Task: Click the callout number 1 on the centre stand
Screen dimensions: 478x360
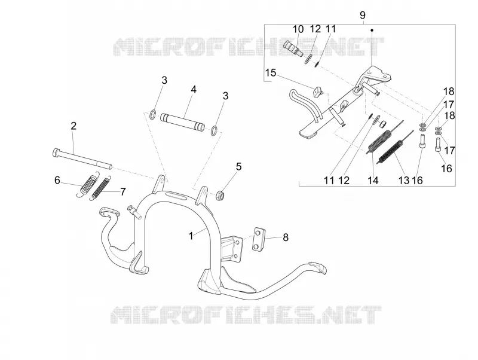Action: tap(191, 236)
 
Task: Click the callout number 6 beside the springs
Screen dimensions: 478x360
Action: tap(57, 181)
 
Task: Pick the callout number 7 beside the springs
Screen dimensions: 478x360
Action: tap(123, 192)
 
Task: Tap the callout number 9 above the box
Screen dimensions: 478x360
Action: tap(363, 15)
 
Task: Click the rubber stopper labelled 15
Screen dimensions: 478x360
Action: tap(318, 91)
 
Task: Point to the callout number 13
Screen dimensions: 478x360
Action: tap(404, 181)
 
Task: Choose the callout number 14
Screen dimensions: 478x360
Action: tap(373, 181)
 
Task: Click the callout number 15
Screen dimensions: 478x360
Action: tap(271, 73)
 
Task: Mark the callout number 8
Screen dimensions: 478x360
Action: tap(286, 237)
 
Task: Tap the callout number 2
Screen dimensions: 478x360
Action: tap(73, 126)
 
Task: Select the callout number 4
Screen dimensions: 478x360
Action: tap(194, 89)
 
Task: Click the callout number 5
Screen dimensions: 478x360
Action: tap(238, 167)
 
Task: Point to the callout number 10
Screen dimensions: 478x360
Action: tap(298, 29)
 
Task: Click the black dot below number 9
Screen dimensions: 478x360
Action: tap(372, 30)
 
